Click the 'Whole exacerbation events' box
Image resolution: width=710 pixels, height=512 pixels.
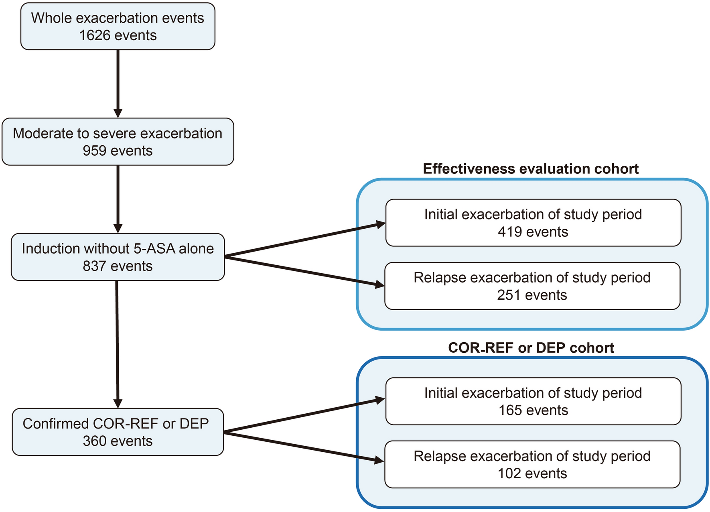[118, 26]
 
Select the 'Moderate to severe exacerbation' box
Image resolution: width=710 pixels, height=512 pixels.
[118, 142]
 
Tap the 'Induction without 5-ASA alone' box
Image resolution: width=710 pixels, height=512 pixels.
[118, 257]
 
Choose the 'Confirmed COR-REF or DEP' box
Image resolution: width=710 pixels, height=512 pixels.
[118, 432]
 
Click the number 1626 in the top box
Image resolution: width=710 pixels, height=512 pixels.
[94, 35]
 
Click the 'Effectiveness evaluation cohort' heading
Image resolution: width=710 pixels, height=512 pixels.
[531, 169]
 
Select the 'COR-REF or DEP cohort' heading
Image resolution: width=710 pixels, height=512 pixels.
[531, 348]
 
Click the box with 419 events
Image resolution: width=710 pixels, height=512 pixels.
[533, 223]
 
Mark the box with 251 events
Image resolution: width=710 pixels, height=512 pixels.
[532, 286]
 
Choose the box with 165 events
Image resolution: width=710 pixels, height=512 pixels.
[533, 401]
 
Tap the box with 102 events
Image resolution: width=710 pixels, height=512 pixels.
[532, 465]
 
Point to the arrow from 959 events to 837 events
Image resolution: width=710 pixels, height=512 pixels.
[118, 199]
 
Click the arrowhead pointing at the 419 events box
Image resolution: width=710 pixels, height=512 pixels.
[380, 224]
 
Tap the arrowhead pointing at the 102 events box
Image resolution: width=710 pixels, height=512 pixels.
[379, 460]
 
